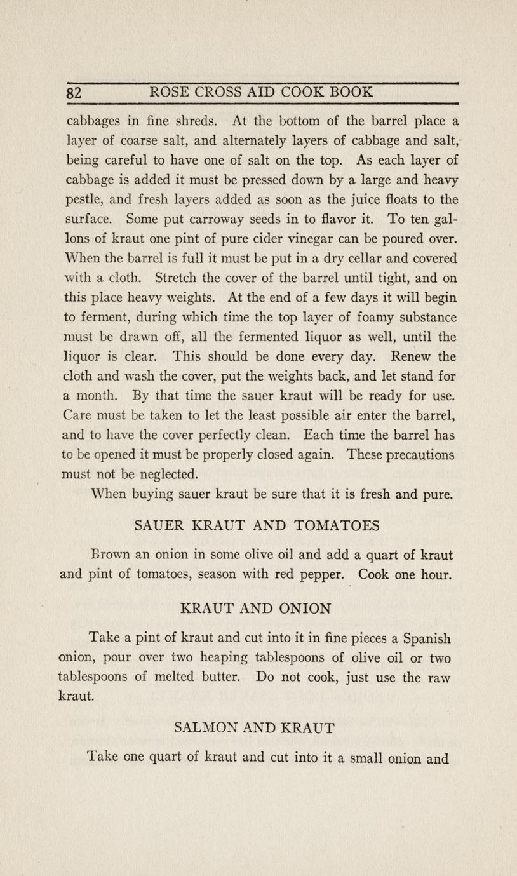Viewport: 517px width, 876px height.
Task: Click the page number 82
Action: click(74, 93)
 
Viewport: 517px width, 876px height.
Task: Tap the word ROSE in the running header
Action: click(168, 92)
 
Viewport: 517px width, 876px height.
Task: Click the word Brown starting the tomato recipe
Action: click(111, 555)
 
